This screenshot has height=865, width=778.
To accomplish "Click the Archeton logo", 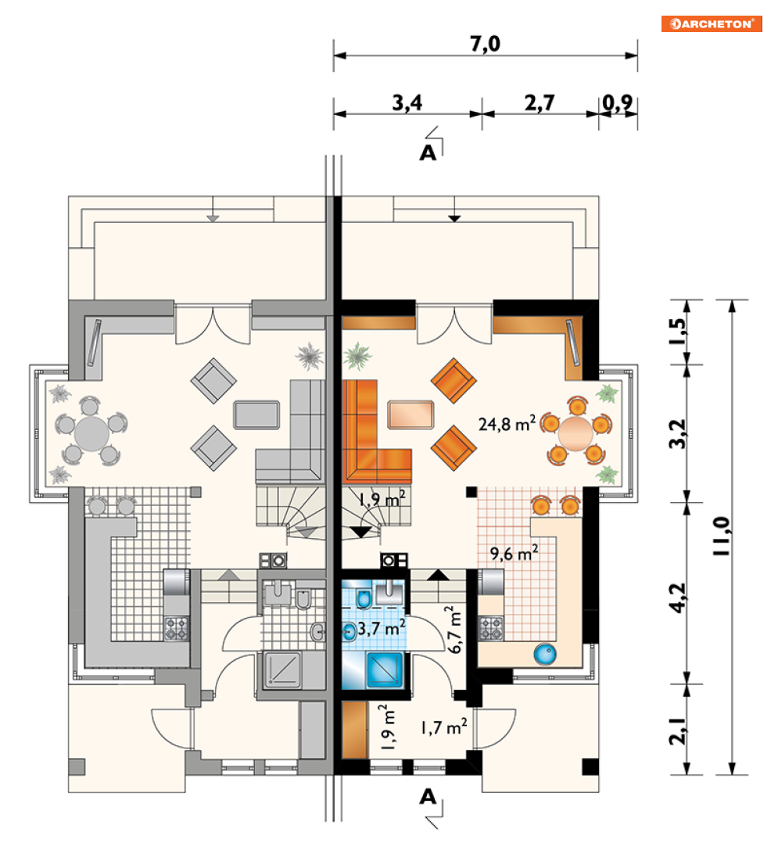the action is click(x=712, y=23).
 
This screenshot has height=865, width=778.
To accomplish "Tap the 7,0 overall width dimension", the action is click(x=486, y=44).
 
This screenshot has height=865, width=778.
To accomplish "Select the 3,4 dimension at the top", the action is click(x=407, y=102).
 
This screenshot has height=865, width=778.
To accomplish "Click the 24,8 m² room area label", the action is click(x=507, y=423).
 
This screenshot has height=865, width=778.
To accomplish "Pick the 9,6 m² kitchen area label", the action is click(x=514, y=552).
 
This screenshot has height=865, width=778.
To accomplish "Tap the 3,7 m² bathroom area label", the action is click(x=382, y=627).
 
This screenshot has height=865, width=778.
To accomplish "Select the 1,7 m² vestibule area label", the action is click(x=444, y=727).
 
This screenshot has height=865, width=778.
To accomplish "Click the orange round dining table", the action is click(x=575, y=433).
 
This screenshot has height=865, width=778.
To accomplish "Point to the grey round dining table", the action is click(x=91, y=433).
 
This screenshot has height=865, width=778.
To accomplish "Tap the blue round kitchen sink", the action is click(x=545, y=655).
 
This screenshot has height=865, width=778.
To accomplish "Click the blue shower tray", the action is click(x=385, y=669).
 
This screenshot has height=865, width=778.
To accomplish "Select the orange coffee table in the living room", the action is click(x=411, y=415).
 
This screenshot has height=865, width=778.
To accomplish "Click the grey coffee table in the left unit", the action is click(x=256, y=415).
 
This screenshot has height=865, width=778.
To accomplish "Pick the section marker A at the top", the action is click(x=428, y=153).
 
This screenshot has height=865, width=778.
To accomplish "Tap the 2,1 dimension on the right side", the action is click(x=678, y=731).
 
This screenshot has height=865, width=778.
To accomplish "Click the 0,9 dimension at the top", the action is click(x=617, y=102).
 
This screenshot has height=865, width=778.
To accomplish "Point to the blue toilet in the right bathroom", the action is click(x=364, y=598).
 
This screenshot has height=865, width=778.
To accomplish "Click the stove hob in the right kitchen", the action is click(x=491, y=628).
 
